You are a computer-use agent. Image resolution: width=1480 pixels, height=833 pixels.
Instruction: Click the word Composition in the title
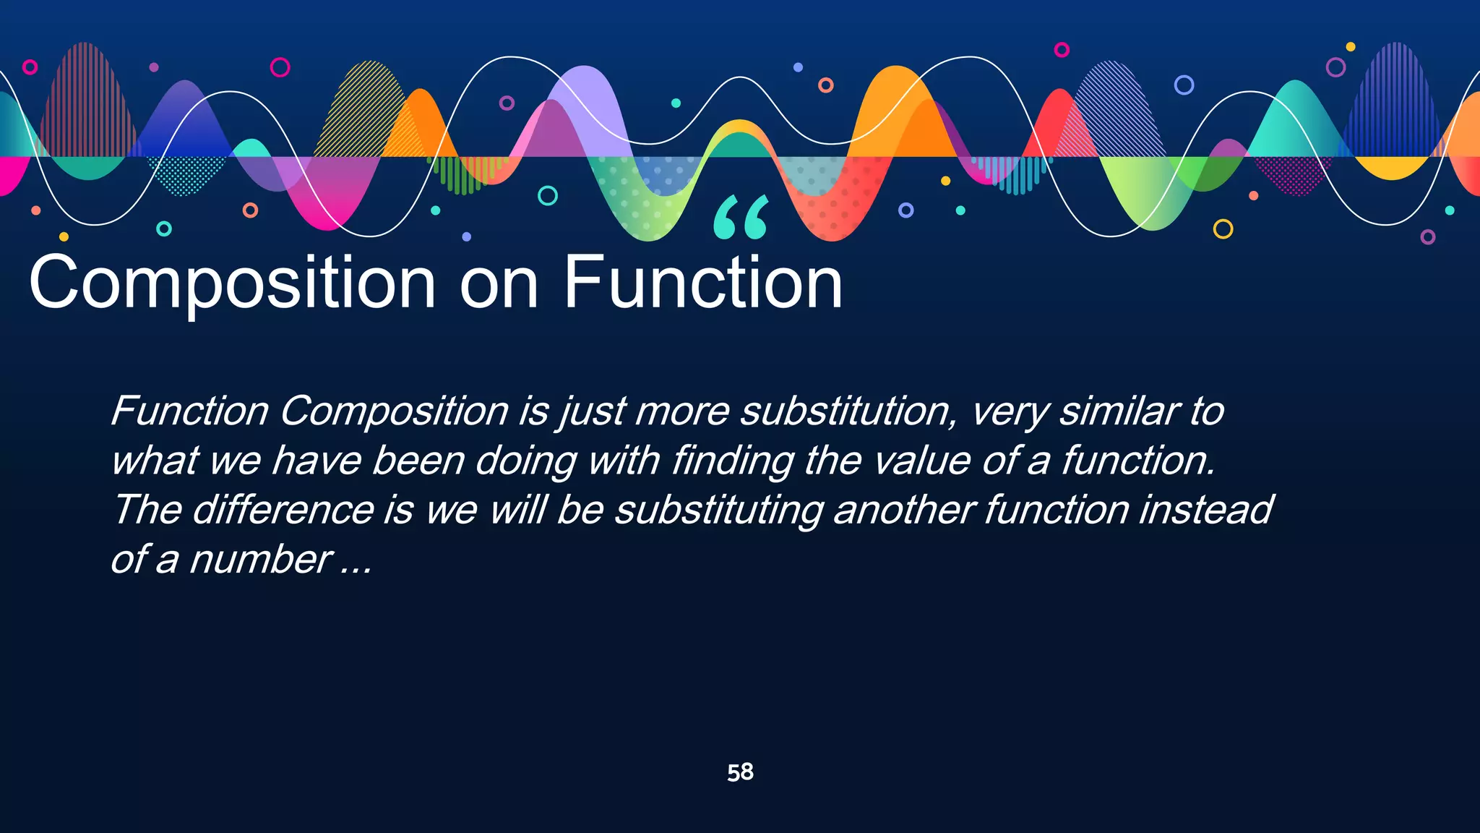231,283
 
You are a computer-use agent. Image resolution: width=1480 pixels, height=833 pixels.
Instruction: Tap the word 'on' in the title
499,283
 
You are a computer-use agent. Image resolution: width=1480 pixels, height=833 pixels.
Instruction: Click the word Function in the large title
702,283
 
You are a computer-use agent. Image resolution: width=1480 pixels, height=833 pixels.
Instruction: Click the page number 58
740,772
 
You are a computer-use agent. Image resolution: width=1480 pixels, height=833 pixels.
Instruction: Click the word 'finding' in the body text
730,461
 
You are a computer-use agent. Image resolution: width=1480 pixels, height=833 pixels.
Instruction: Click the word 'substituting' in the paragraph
718,510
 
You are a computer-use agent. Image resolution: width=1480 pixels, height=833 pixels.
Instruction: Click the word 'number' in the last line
260,560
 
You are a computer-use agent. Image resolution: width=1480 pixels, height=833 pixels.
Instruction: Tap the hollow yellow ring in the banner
1223,229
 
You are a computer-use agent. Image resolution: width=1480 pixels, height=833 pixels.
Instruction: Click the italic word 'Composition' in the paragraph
394,411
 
